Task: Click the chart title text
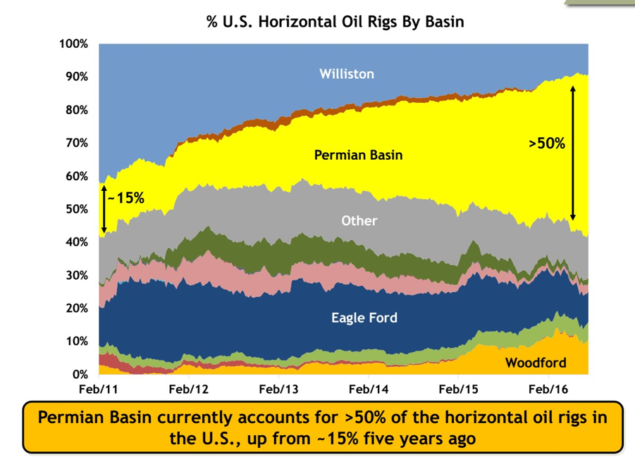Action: [x=335, y=21]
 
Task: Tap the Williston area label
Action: [x=347, y=74]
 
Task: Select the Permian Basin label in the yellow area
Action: [x=359, y=155]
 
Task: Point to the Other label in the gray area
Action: [x=359, y=220]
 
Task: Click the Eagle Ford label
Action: [x=364, y=318]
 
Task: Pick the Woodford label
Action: [x=536, y=363]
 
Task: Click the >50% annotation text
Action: [x=547, y=143]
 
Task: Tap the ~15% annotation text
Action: [x=126, y=198]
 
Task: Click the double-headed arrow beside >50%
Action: [x=573, y=153]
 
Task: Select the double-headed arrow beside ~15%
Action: [x=104, y=209]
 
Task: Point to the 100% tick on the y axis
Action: [x=74, y=44]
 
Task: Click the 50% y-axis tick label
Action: [x=77, y=209]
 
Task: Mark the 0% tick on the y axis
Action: [x=80, y=375]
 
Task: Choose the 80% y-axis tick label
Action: [x=77, y=110]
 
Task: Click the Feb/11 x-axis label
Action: [x=99, y=389]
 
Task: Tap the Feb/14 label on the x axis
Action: [x=369, y=389]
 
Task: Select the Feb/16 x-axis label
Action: [x=548, y=389]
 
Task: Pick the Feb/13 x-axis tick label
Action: [x=278, y=389]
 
